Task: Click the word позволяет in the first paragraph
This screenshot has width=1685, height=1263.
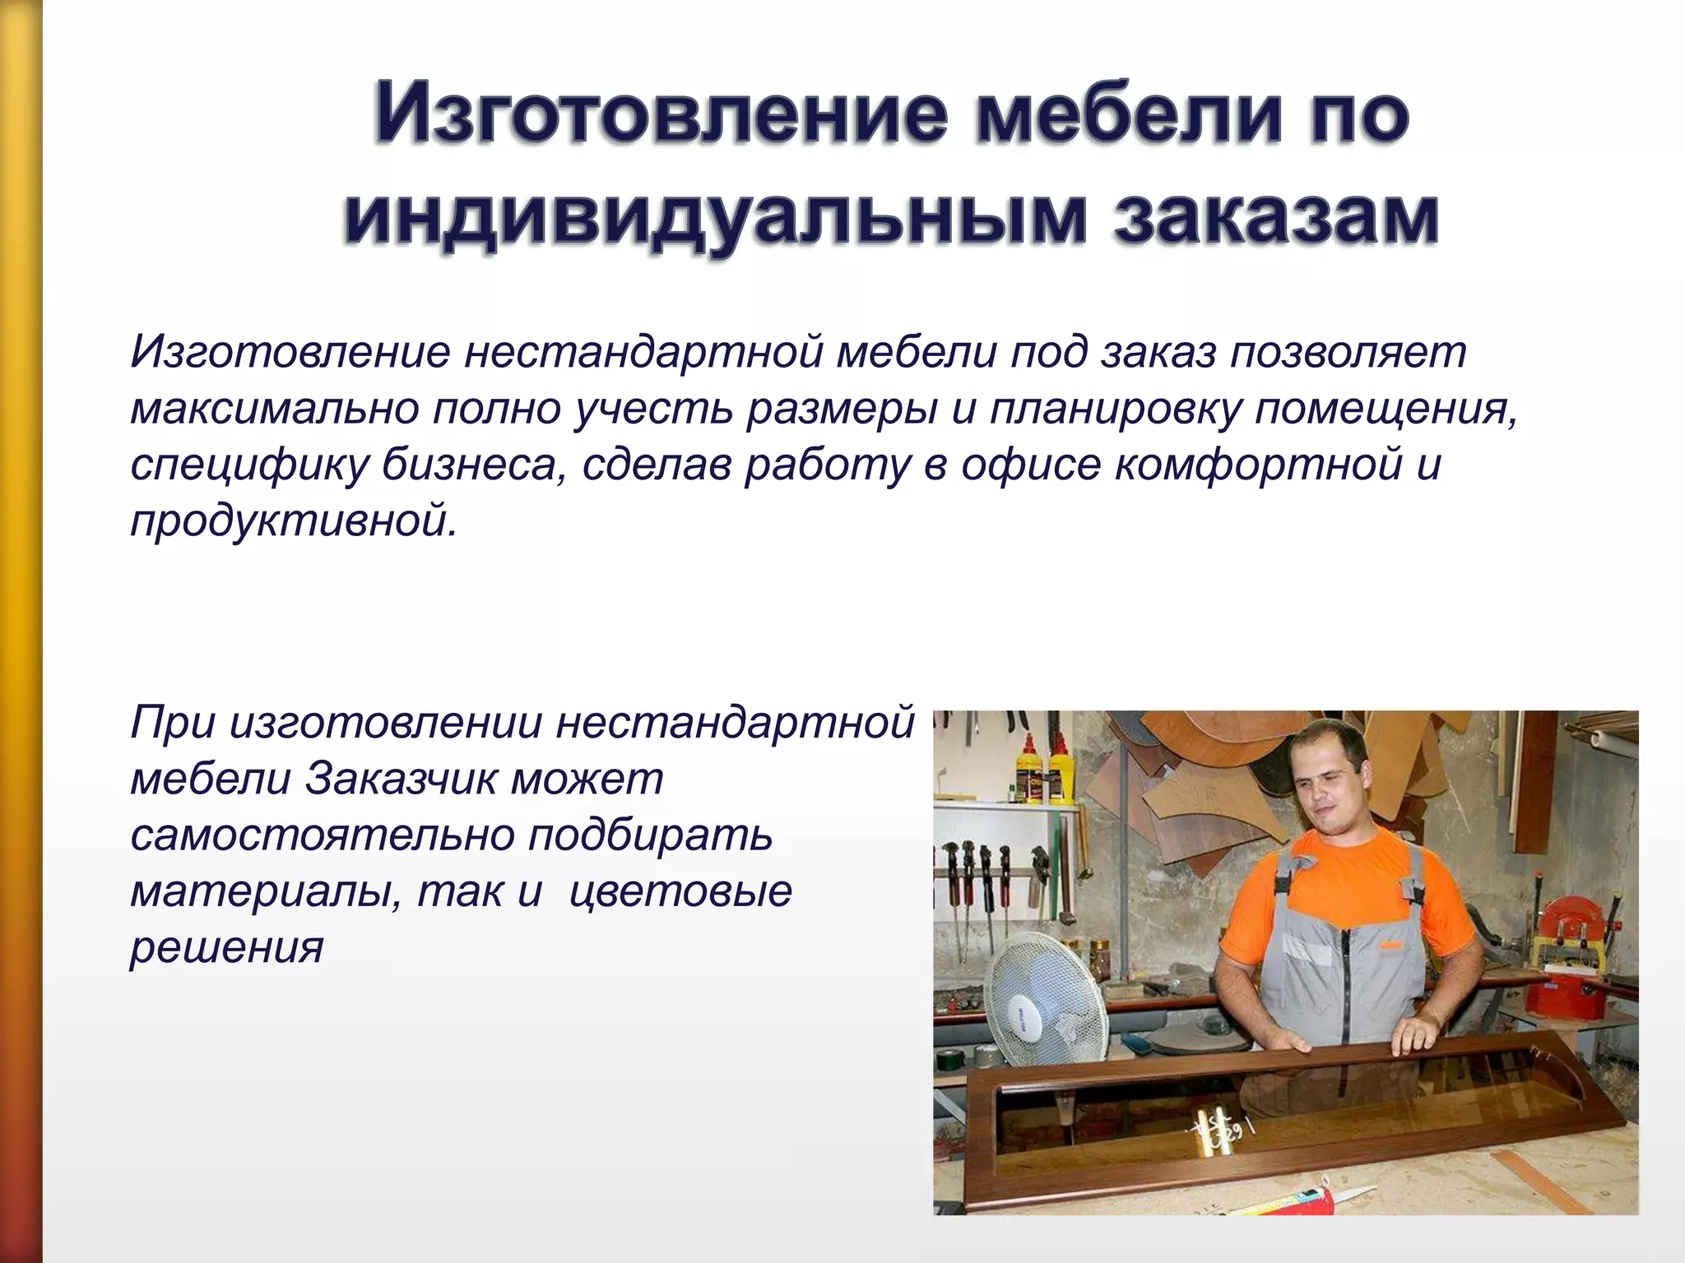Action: pyautogui.click(x=1348, y=352)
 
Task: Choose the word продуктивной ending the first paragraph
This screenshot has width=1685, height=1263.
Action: pyautogui.click(x=293, y=521)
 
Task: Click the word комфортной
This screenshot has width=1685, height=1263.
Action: pyautogui.click(x=1259, y=465)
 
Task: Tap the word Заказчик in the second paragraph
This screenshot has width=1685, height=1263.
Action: pyautogui.click(x=401, y=778)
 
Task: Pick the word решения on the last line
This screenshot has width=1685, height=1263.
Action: pyautogui.click(x=227, y=947)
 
